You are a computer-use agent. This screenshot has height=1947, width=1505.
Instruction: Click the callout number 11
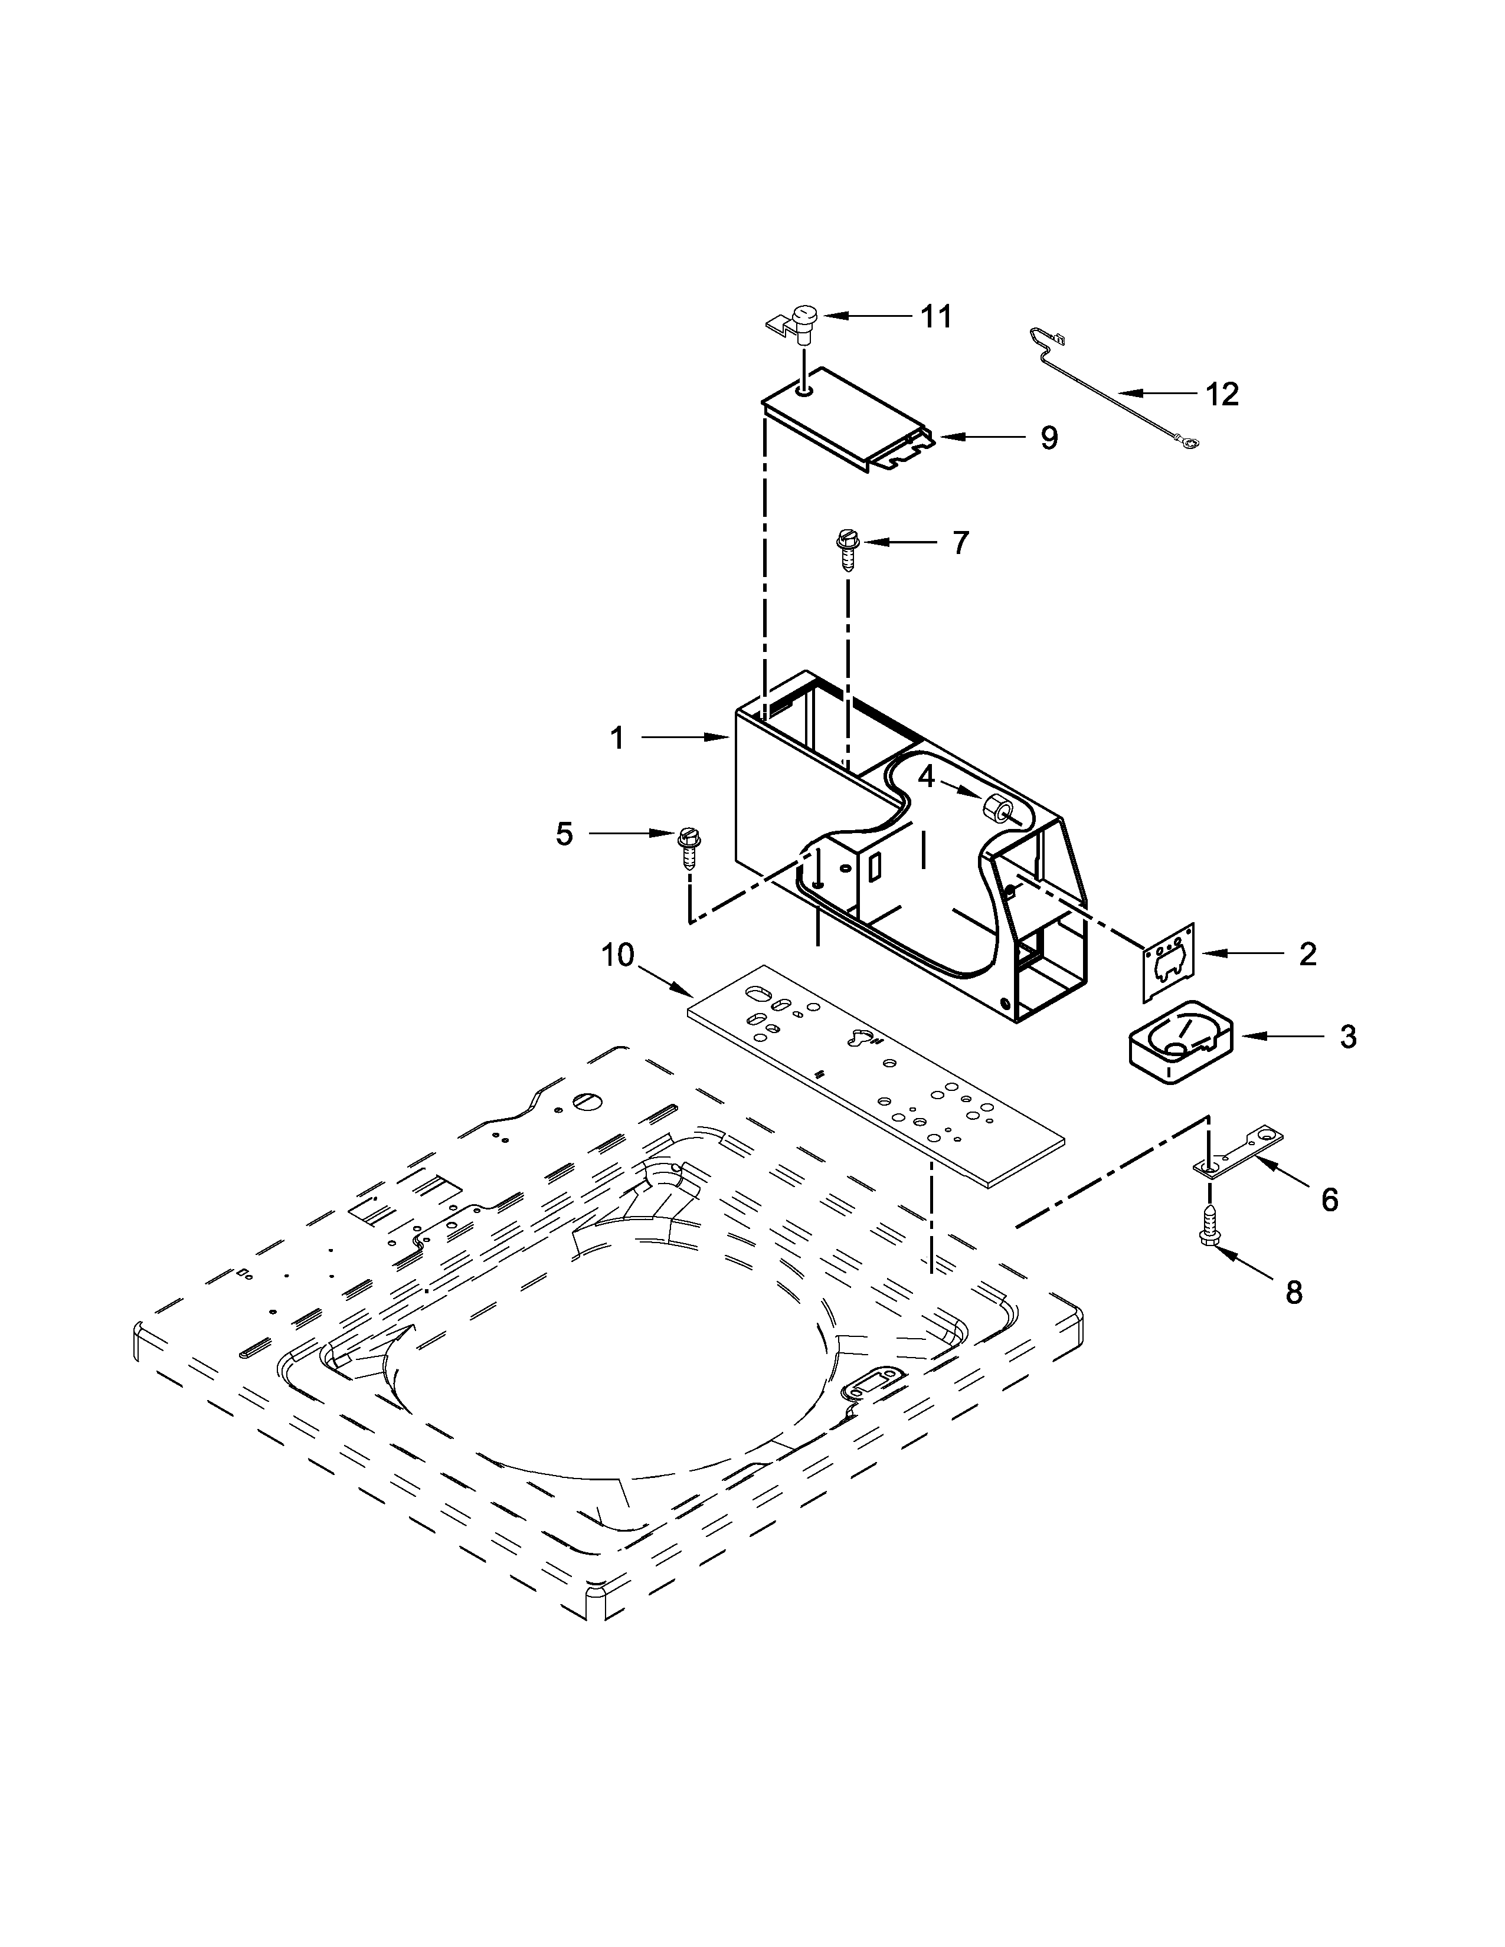click(935, 316)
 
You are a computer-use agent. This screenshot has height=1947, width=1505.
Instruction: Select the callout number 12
click(1222, 394)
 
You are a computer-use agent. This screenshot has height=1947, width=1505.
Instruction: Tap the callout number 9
click(1049, 438)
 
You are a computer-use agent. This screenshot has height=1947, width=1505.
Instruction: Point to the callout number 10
click(617, 955)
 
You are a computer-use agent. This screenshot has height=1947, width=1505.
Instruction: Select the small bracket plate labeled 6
click(1239, 1151)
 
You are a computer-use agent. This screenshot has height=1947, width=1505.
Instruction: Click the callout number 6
click(1329, 1200)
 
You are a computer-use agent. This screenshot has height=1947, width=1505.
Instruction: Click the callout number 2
click(1307, 954)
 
